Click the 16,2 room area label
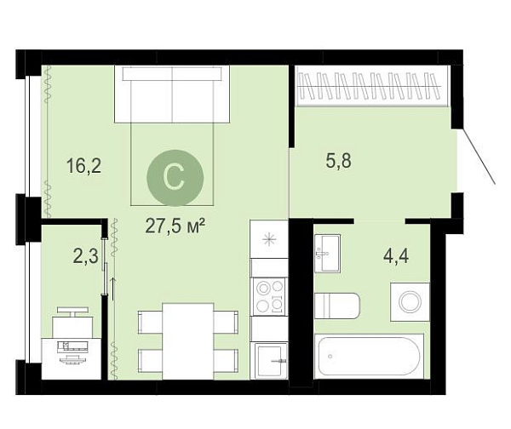(83, 165)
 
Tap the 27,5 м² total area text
(175, 226)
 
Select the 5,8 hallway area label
(339, 161)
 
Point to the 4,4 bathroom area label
(396, 256)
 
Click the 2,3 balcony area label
(86, 256)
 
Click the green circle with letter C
(175, 178)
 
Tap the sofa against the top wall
(172, 94)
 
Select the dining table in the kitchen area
(188, 341)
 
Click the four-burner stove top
(269, 296)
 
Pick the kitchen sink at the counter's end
(271, 361)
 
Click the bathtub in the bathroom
(370, 357)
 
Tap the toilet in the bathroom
(337, 306)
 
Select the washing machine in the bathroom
(411, 302)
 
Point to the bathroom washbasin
(328, 254)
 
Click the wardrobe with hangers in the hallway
(372, 86)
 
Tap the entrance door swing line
(479, 157)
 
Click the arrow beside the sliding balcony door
(113, 289)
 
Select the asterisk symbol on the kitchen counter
(269, 240)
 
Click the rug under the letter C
(172, 164)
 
